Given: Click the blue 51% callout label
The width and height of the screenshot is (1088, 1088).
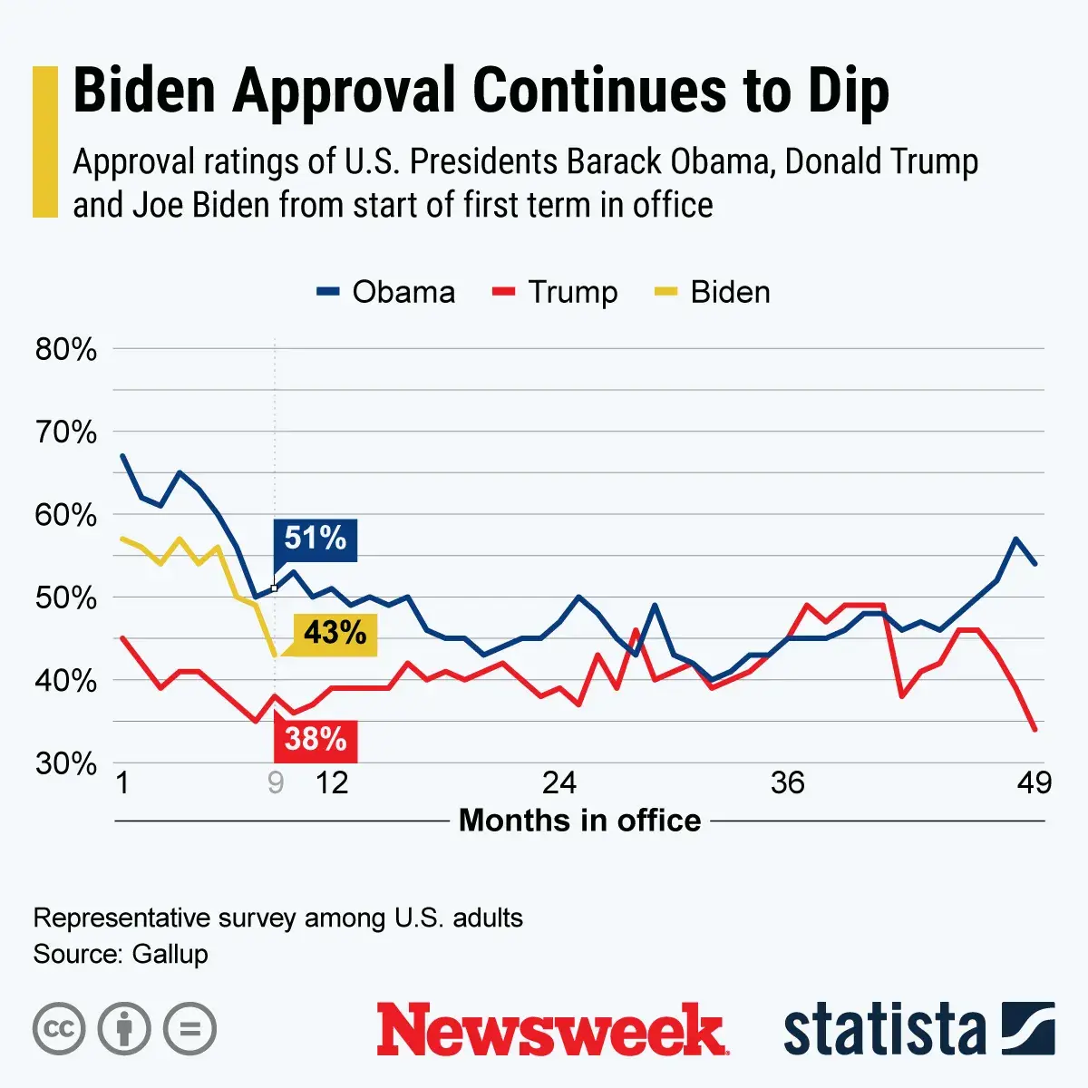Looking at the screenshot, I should click(x=315, y=539).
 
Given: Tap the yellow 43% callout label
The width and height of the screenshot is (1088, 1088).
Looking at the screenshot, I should click(x=335, y=633).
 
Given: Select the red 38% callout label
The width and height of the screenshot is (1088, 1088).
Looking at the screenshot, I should click(x=316, y=740).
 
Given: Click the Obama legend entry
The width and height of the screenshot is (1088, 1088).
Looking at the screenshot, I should click(x=386, y=292).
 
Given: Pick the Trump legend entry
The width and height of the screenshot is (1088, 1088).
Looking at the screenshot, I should click(x=555, y=292).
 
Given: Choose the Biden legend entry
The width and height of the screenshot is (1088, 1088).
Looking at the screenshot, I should click(x=713, y=292).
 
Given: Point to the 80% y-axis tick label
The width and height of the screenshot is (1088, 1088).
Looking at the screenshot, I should click(x=65, y=349).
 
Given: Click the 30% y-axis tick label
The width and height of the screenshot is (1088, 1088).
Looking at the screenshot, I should click(x=65, y=763).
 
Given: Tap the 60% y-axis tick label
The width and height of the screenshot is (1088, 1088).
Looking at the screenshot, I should click(x=65, y=515).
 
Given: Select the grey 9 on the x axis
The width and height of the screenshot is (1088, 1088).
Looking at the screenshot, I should click(x=276, y=782).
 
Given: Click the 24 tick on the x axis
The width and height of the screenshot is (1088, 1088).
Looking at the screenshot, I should click(x=559, y=782).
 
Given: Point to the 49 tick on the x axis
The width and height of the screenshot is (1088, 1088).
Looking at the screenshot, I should click(x=1034, y=782).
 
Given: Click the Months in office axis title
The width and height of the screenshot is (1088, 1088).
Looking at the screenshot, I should click(x=580, y=821).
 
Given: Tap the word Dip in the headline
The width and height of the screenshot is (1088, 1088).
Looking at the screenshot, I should click(x=839, y=91).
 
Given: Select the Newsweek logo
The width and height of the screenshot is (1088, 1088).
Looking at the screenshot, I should click(x=550, y=1030).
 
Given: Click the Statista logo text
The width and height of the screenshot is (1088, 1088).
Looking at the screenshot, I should click(x=884, y=1030).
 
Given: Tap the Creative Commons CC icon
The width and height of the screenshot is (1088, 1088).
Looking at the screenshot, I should click(x=59, y=1029).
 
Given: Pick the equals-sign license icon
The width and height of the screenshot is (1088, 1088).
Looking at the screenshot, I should click(x=189, y=1029).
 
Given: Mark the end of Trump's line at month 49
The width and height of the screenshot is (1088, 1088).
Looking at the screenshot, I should click(x=1035, y=729).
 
